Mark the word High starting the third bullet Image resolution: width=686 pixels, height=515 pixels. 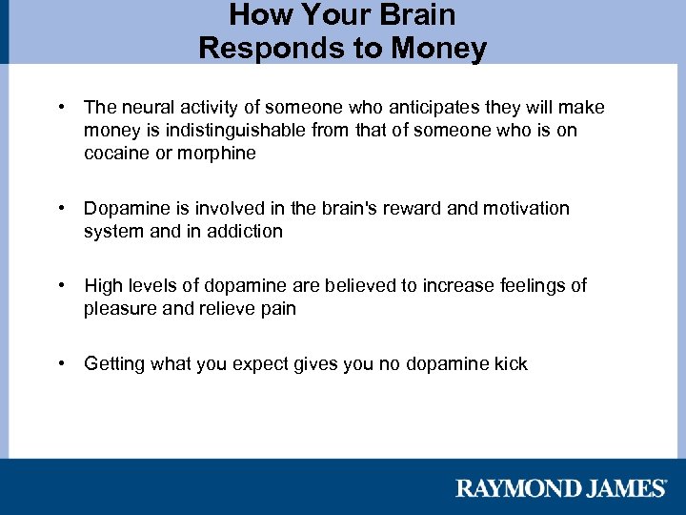103,286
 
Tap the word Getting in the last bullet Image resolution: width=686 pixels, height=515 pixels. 114,363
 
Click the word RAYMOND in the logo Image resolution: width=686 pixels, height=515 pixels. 514,488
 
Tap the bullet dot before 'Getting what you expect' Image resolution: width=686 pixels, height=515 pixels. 60,363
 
